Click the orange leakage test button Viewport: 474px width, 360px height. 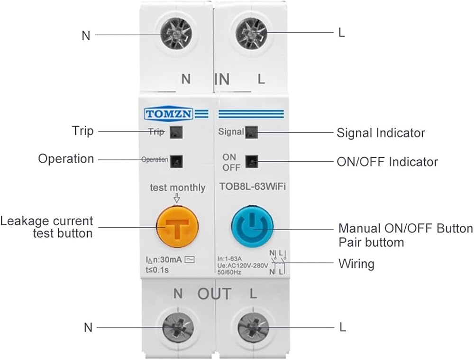click(177, 226)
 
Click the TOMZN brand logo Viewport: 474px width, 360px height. click(169, 114)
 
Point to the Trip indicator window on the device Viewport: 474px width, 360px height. click(176, 132)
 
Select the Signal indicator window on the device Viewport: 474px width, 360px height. click(252, 132)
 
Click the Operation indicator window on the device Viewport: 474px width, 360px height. click(176, 161)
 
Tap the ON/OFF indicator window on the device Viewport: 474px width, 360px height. click(252, 162)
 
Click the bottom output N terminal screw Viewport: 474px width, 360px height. click(178, 328)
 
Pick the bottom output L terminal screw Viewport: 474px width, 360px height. click(253, 328)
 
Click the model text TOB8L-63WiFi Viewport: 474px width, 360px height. click(253, 186)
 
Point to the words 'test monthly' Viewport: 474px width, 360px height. click(178, 187)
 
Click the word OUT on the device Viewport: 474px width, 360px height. click(214, 294)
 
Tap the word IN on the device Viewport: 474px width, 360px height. click(222, 79)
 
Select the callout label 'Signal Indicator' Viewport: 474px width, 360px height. click(381, 133)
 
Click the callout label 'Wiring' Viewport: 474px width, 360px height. click(356, 264)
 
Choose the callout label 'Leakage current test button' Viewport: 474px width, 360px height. click(46, 227)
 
